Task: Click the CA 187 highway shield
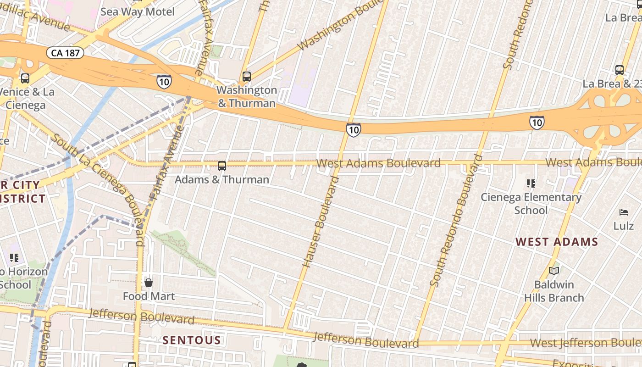(65, 53)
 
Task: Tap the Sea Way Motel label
(138, 11)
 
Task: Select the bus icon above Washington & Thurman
(247, 77)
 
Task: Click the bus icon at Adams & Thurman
(222, 166)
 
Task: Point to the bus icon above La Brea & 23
(620, 71)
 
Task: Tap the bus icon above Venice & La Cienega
(25, 78)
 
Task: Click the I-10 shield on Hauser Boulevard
(353, 130)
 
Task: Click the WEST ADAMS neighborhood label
(557, 242)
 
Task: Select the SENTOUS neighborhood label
(192, 340)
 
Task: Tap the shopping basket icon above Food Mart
(148, 283)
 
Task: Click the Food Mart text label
(149, 296)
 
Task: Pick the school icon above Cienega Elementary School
(531, 184)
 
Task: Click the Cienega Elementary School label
(531, 204)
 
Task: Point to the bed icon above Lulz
(624, 212)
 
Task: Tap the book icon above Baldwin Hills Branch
(554, 271)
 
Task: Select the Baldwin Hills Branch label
(554, 291)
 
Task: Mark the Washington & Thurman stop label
(247, 96)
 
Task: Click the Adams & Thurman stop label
(222, 179)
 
